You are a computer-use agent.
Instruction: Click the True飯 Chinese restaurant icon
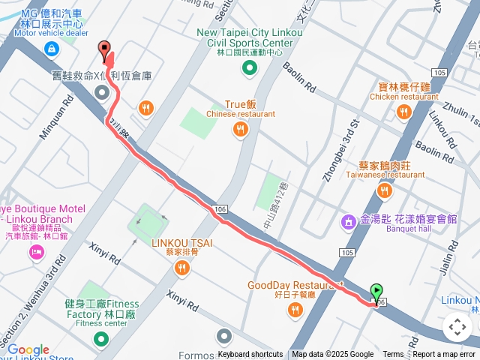coord(241,130)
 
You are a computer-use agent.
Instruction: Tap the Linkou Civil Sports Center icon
coord(250,69)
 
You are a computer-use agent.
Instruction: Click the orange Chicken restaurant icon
coord(404,112)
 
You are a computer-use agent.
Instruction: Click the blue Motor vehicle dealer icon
coord(50,49)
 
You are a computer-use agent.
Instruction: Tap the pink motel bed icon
coord(35,252)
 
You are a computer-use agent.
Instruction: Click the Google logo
coord(28,350)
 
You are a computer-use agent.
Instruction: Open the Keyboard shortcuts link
coord(250,355)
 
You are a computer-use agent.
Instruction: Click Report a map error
coord(444,355)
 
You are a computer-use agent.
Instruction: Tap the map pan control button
coord(457,327)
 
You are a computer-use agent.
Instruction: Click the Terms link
coord(393,355)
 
